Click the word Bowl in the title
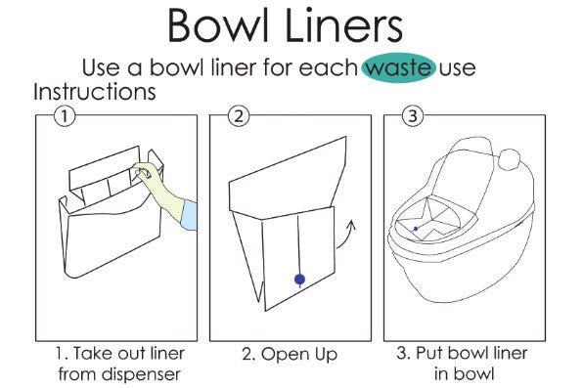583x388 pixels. [218, 24]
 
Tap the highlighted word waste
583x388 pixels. [399, 67]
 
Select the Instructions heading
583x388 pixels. [95, 92]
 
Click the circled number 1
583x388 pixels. [65, 116]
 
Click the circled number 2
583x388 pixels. [239, 116]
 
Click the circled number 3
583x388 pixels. [413, 116]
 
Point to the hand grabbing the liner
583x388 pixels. [146, 174]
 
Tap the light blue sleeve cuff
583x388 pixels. [189, 216]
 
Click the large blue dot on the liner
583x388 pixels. [299, 280]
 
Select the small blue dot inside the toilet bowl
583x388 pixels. [416, 229]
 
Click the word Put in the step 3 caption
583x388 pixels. [427, 353]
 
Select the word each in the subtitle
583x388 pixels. [329, 67]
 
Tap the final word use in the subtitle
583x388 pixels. [458, 68]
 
